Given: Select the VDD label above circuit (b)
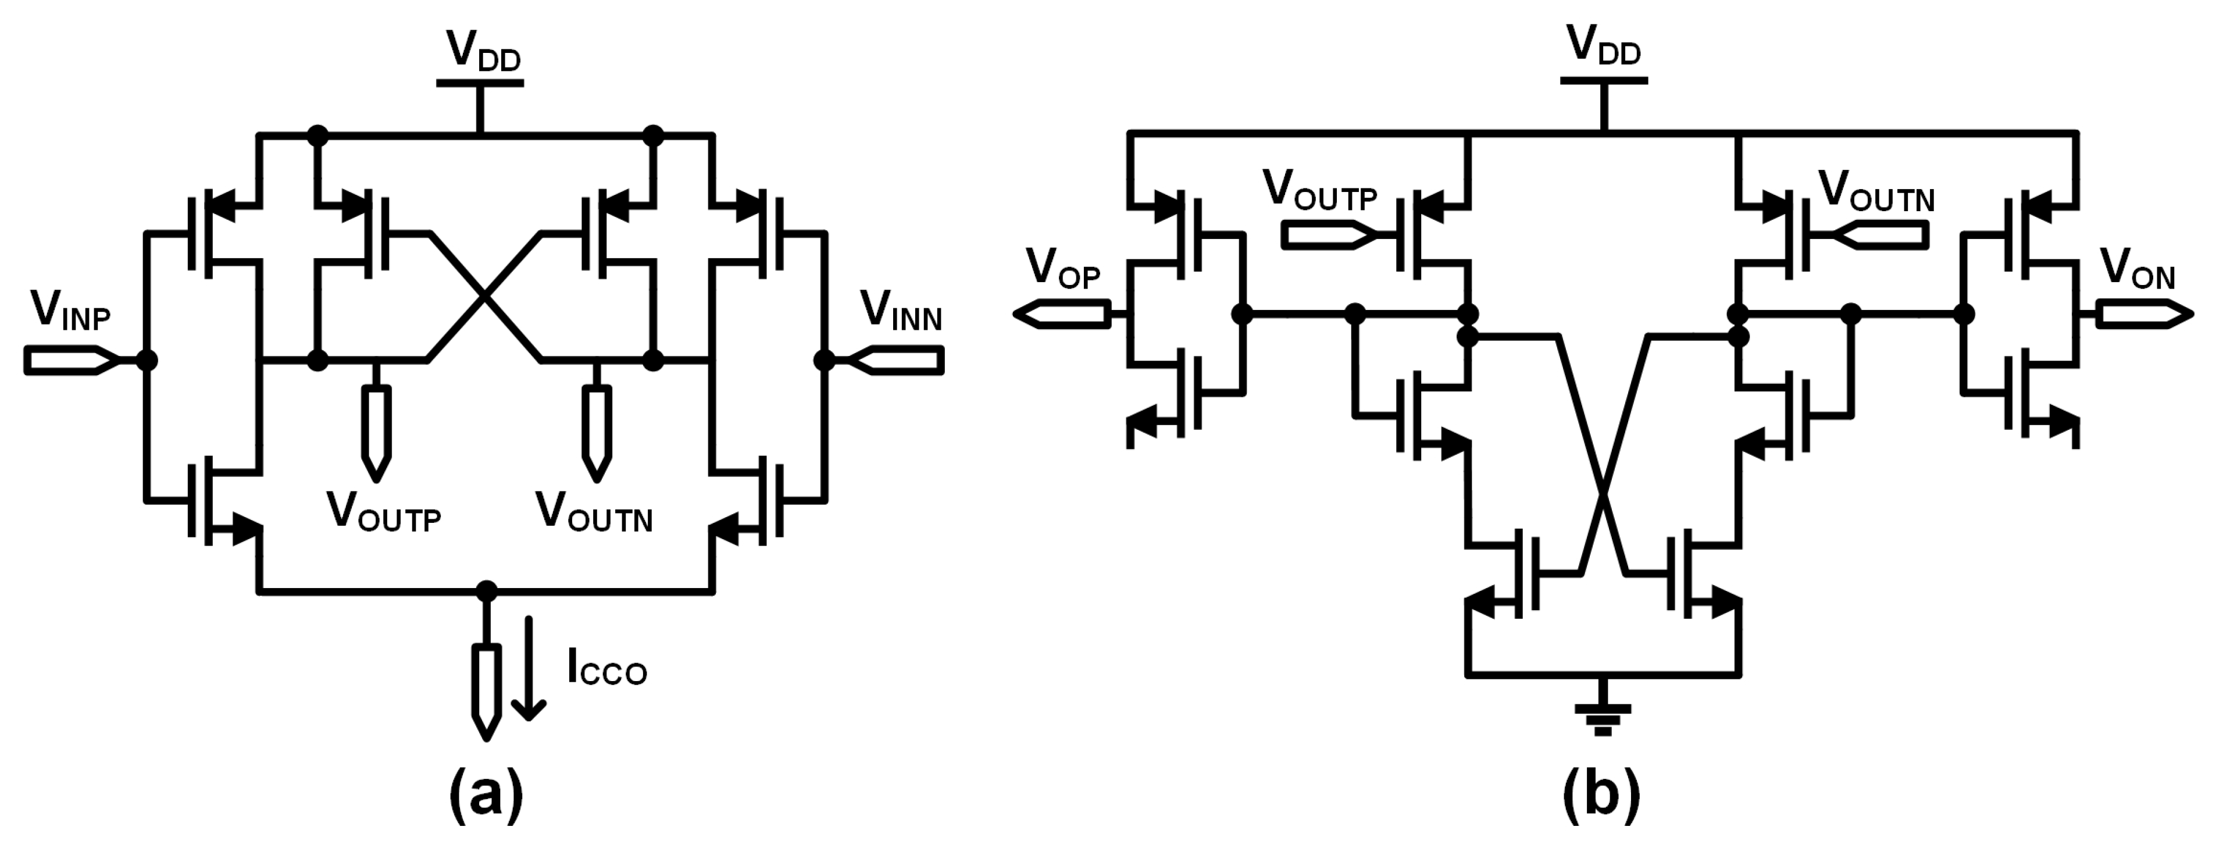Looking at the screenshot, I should pos(1603,47).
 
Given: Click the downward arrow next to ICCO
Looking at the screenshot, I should pos(528,669).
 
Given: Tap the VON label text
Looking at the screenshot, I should pos(2137,269).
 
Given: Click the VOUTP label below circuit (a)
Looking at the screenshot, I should pos(383,512).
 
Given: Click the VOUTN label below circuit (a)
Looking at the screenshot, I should pos(594,512).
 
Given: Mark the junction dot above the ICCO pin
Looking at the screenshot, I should pos(487,591).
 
